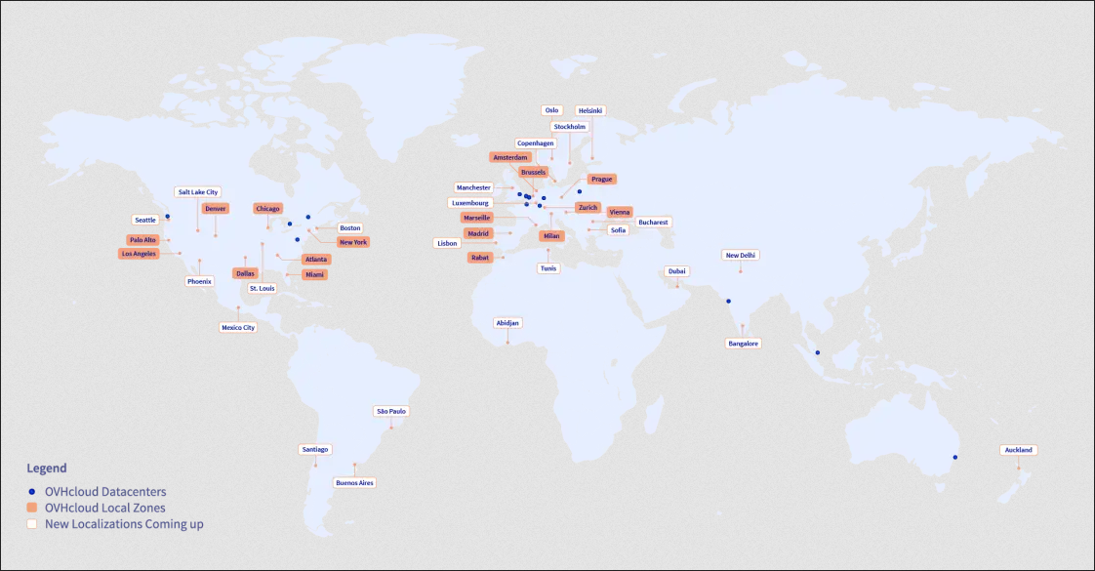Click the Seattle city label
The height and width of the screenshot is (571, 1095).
click(x=145, y=220)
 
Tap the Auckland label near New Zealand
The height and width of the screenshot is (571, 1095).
click(x=1017, y=450)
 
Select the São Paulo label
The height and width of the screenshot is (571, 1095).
click(x=390, y=411)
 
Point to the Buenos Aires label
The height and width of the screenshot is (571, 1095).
click(x=354, y=482)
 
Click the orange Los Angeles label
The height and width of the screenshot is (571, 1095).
click(x=139, y=254)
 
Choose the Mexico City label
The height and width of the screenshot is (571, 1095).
click(x=238, y=328)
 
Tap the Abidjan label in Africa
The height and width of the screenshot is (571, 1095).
click(x=507, y=322)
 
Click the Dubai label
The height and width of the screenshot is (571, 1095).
click(x=677, y=270)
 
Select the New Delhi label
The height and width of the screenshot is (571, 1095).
click(x=740, y=255)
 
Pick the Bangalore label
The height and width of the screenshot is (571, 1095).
click(x=743, y=344)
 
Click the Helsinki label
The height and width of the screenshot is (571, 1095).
click(x=590, y=110)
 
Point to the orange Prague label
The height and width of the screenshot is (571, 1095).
click(x=601, y=179)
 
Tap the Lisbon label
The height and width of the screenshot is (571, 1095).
click(x=448, y=243)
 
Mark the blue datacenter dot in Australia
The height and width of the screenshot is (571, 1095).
click(x=955, y=457)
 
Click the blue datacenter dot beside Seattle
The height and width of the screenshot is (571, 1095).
click(x=167, y=217)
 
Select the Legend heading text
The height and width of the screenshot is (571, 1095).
click(x=47, y=469)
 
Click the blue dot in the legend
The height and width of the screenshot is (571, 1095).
click(x=32, y=492)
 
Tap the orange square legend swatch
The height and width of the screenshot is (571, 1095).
click(x=32, y=508)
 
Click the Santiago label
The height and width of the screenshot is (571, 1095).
click(x=315, y=449)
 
